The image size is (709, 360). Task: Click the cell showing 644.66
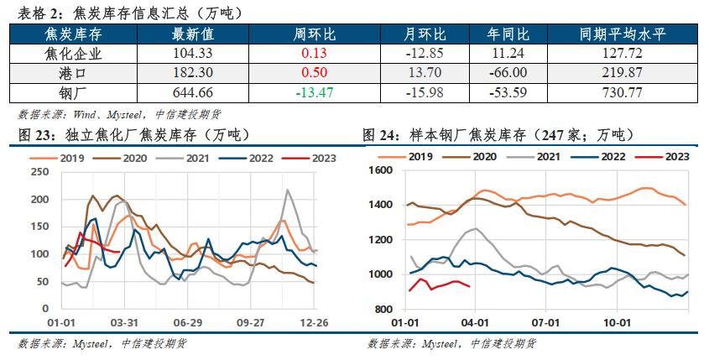click(x=193, y=91)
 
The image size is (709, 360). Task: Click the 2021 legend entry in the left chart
click(x=189, y=157)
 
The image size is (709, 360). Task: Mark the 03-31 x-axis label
click(x=124, y=321)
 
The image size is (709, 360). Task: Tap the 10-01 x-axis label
click(x=617, y=321)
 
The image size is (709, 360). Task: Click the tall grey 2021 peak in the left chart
click(x=288, y=190)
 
